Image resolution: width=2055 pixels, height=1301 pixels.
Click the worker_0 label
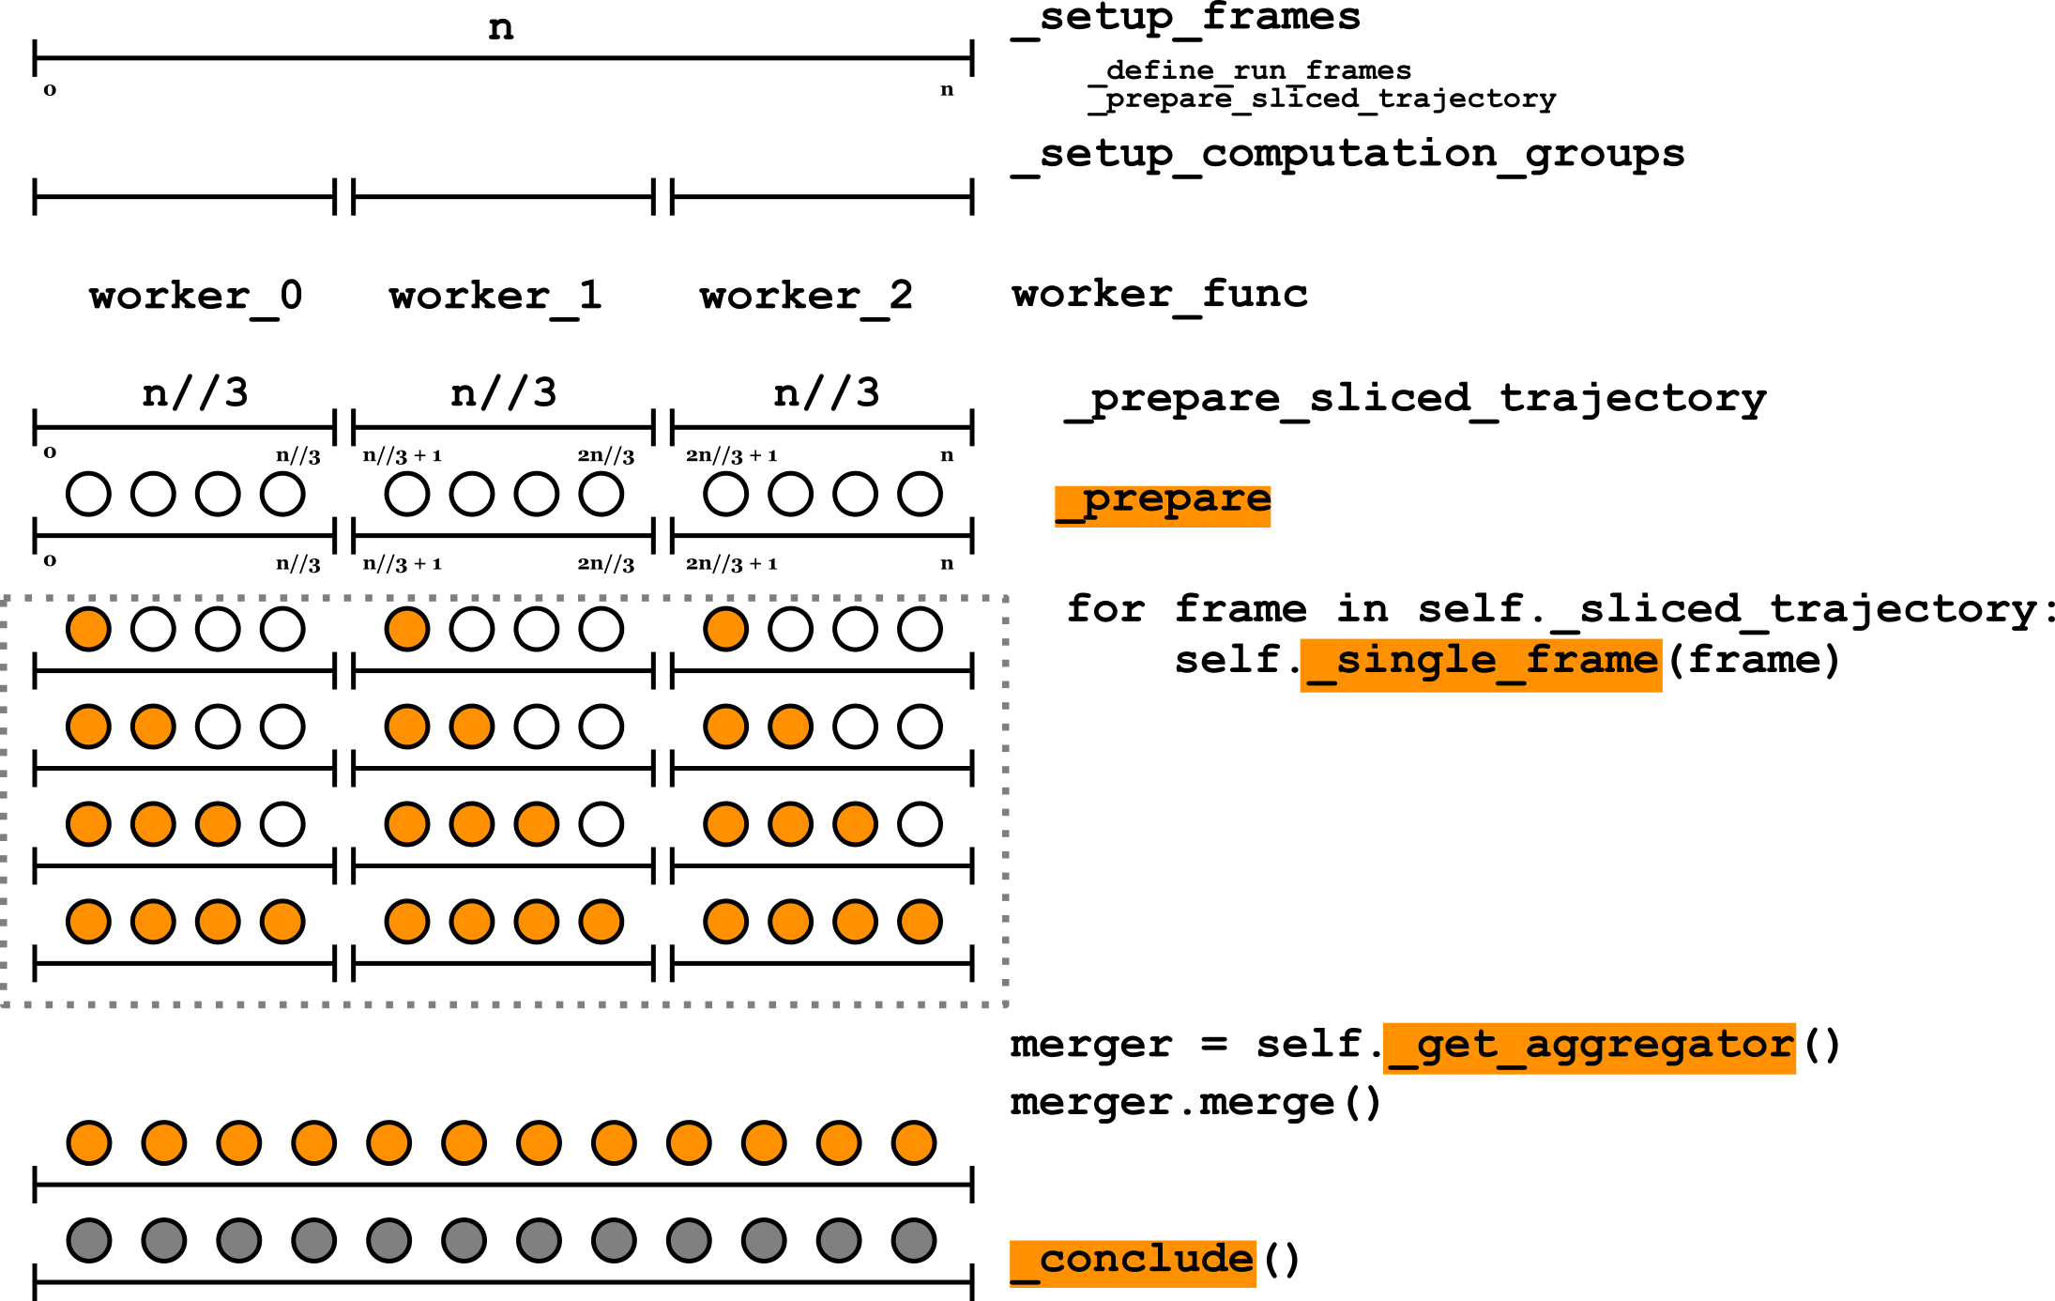point(195,297)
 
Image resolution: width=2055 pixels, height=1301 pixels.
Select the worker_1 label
point(495,297)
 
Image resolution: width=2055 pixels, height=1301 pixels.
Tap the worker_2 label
point(805,297)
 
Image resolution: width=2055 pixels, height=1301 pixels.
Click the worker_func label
point(1160,295)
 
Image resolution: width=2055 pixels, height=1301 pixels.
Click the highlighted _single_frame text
point(1481,663)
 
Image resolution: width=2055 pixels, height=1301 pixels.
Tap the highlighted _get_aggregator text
point(1589,1047)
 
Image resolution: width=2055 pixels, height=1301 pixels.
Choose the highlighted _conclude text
point(1133,1262)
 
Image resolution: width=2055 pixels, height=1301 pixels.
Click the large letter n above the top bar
point(501,28)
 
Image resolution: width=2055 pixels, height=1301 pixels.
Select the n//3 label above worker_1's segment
point(504,392)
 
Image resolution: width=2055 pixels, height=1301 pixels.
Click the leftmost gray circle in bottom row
point(89,1240)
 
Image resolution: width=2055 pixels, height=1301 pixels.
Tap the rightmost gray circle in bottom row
point(914,1240)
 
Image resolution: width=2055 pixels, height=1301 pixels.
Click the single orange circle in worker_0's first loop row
point(89,629)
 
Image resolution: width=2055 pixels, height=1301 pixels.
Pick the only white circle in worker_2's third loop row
point(920,824)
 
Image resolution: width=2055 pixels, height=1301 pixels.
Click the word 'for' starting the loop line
point(1105,610)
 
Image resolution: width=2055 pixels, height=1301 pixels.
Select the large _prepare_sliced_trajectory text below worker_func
point(1415,399)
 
